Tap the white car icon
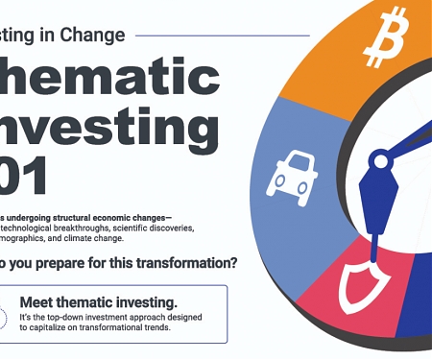[x=292, y=171]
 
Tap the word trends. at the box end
[x=155, y=326]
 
